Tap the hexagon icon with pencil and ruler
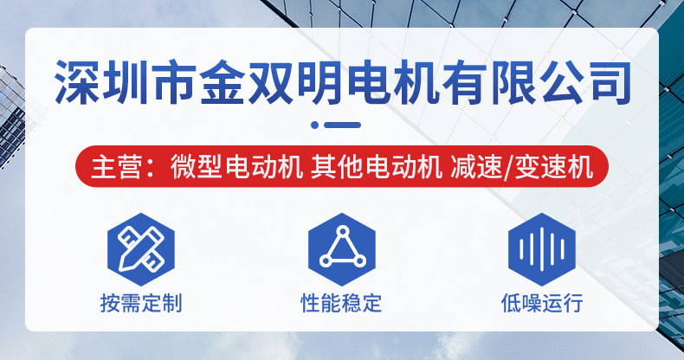click(140, 247)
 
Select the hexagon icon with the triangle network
click(341, 247)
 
